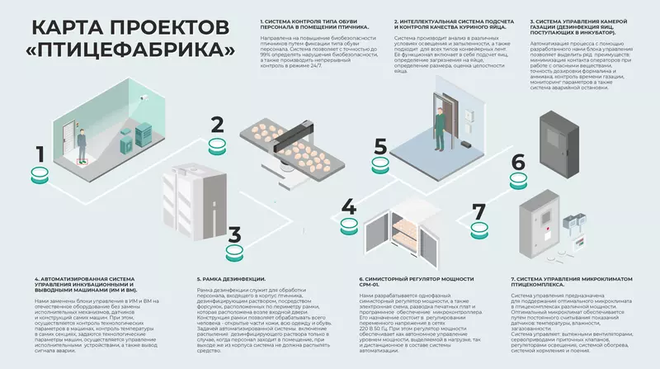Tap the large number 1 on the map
coord(40,154)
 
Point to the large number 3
coord(234,236)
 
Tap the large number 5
coord(380,147)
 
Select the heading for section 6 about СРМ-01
coord(412,280)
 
